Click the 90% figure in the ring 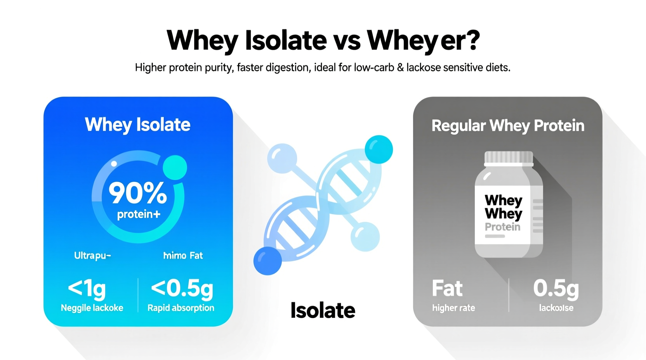pyautogui.click(x=137, y=193)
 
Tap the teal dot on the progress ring pyautogui.click(x=175, y=167)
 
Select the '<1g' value pyautogui.click(x=87, y=289)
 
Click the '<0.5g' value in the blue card pyautogui.click(x=182, y=289)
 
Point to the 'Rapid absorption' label pyautogui.click(x=181, y=308)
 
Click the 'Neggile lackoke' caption pyautogui.click(x=92, y=308)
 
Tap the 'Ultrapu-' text pyautogui.click(x=92, y=256)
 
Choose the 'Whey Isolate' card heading pyautogui.click(x=137, y=125)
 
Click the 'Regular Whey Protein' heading pyautogui.click(x=507, y=126)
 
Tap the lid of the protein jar pyautogui.click(x=509, y=158)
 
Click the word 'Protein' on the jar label pyautogui.click(x=502, y=227)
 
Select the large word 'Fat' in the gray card pyautogui.click(x=447, y=289)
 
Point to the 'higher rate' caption pyautogui.click(x=453, y=308)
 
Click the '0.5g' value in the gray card pyautogui.click(x=556, y=289)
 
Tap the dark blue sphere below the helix pyautogui.click(x=267, y=261)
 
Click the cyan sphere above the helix pyautogui.click(x=379, y=149)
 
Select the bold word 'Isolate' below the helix pyautogui.click(x=323, y=310)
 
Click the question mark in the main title pyautogui.click(x=472, y=40)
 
